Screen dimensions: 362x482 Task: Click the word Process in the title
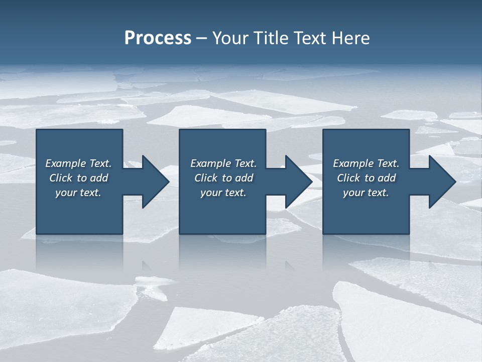tap(158, 38)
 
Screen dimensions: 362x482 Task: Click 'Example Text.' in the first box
tap(78, 163)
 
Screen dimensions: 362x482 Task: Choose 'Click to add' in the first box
tap(78, 178)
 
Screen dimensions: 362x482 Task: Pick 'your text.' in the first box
tap(78, 193)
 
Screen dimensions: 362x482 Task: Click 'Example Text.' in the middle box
tap(223, 163)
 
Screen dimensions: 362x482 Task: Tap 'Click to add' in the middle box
tap(223, 178)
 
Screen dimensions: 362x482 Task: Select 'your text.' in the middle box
tap(223, 193)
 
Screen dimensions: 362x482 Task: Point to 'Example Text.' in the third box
tap(366, 163)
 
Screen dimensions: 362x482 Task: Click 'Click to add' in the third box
tap(366, 178)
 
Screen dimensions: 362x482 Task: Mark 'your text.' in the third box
tap(366, 193)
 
